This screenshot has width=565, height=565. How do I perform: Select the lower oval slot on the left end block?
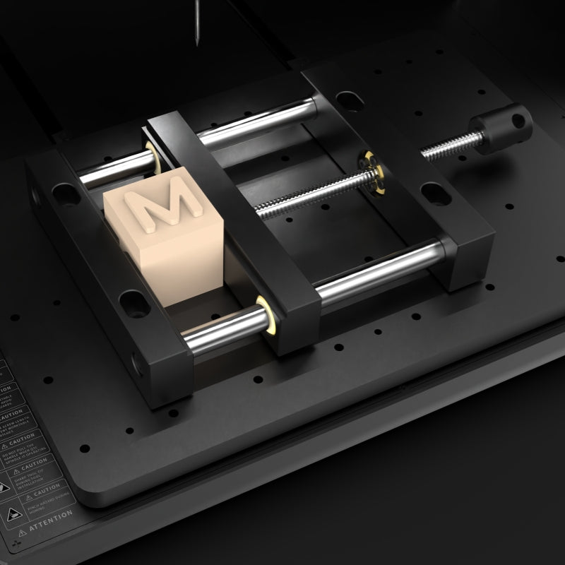pyautogui.click(x=132, y=304)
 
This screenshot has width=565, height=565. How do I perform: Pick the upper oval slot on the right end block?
pyautogui.click(x=347, y=100)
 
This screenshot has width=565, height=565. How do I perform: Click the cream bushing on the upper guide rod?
pyautogui.click(x=150, y=151)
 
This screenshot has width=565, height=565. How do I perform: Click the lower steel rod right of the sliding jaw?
pyautogui.click(x=381, y=272)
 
